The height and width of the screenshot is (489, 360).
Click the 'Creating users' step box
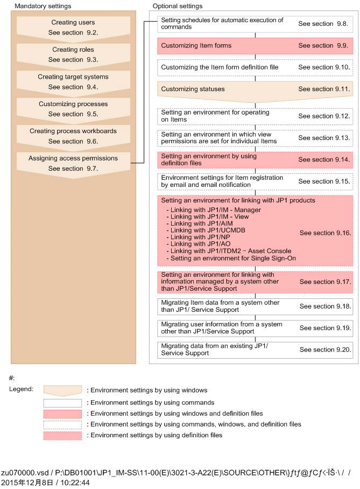point(73,27)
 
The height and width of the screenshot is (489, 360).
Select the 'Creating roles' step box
point(73,54)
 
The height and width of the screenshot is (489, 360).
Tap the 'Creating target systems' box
point(73,82)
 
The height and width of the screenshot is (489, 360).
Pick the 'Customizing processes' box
point(73,109)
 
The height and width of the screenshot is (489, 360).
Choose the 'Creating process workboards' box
point(73,136)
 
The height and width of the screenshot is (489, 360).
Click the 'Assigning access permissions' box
point(73,163)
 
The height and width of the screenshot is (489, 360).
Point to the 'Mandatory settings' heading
point(43,6)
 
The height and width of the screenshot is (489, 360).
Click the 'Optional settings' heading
point(178,6)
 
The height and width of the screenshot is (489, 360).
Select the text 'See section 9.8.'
point(324,24)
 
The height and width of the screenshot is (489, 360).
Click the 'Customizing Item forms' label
point(196,46)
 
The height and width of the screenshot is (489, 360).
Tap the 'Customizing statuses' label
point(193,89)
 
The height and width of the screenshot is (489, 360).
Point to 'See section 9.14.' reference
point(324,160)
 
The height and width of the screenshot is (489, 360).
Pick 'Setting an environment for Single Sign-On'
point(233,258)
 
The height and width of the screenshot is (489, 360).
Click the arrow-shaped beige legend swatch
point(63,390)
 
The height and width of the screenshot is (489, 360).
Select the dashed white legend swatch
point(63,424)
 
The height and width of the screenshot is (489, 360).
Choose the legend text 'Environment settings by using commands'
point(152,402)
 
